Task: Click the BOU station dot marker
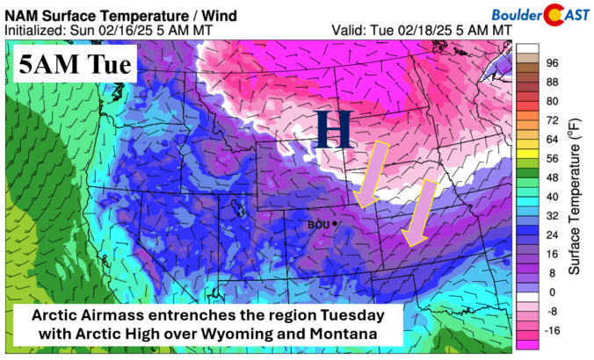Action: pyautogui.click(x=336, y=225)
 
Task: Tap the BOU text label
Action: pyautogui.click(x=319, y=225)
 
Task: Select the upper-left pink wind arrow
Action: pyautogui.click(x=370, y=171)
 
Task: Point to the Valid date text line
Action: pyautogui.click(x=422, y=29)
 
